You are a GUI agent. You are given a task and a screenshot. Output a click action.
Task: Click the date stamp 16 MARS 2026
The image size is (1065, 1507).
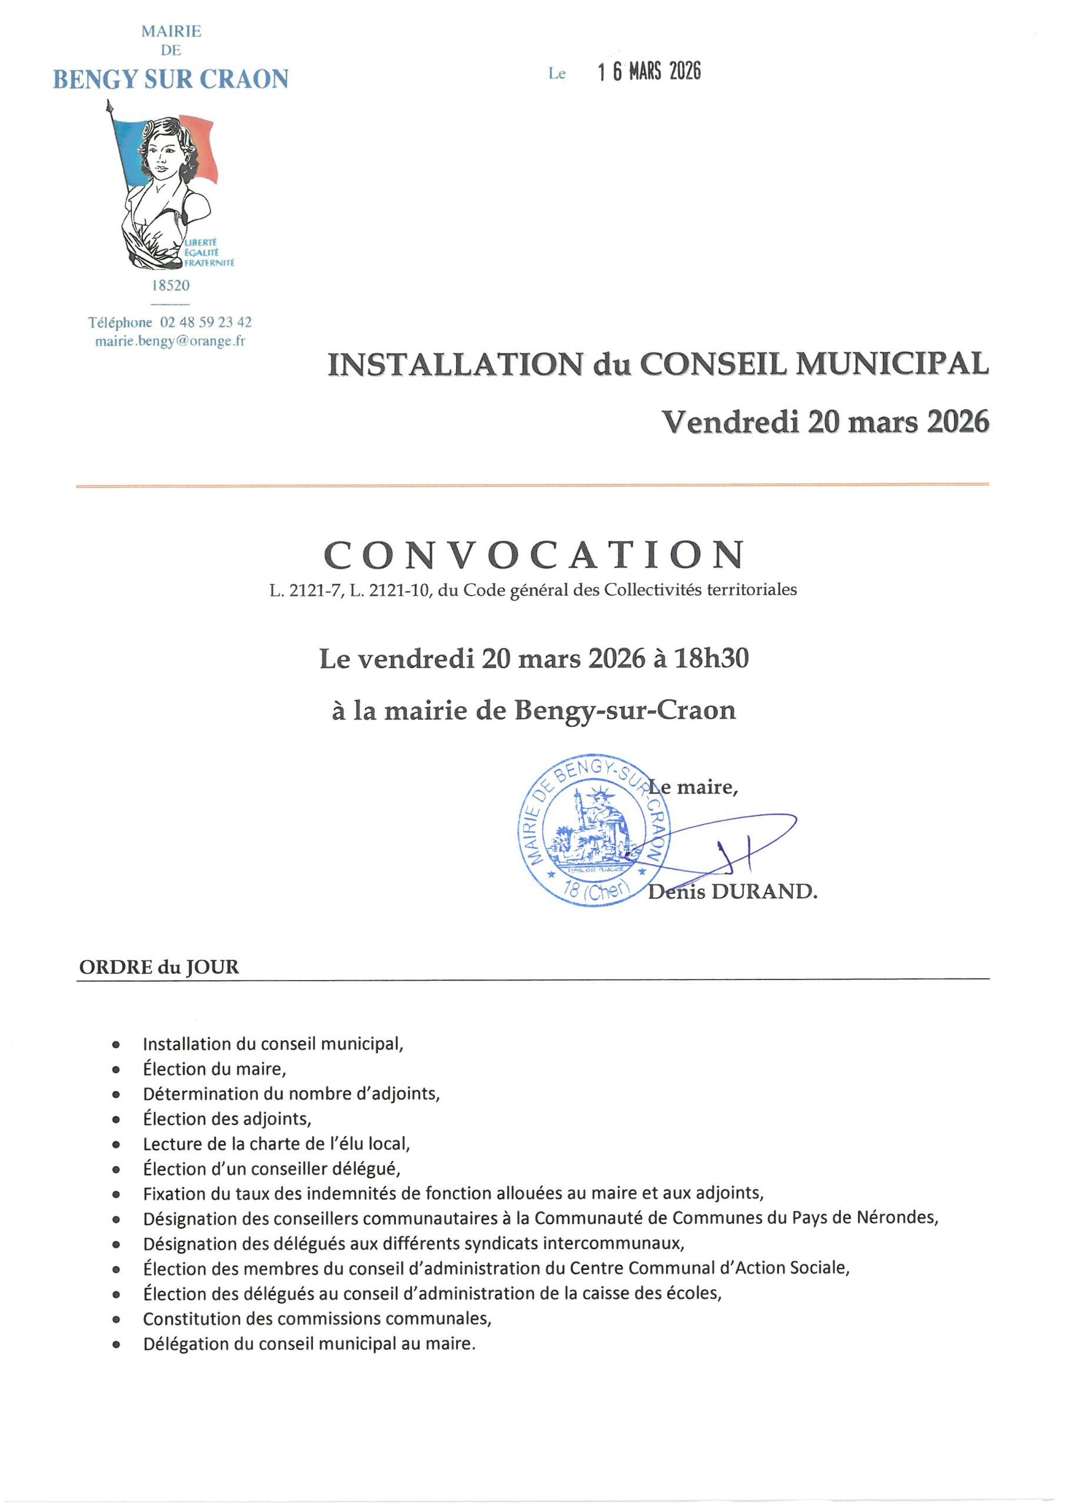pos(649,72)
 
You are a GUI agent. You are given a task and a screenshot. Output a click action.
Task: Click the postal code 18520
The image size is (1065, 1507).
pos(171,286)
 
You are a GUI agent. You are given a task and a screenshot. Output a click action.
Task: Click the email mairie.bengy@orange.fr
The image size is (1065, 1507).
pos(170,341)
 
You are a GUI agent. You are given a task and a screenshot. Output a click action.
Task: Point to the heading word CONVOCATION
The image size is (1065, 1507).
pos(534,555)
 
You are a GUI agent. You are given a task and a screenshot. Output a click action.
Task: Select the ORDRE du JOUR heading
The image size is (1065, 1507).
pos(159,967)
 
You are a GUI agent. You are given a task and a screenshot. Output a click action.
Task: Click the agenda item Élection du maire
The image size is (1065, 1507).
pos(215,1069)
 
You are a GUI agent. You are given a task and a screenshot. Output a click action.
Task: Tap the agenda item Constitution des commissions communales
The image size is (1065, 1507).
pos(317,1319)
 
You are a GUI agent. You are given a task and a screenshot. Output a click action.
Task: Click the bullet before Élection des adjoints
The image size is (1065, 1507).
pos(116,1120)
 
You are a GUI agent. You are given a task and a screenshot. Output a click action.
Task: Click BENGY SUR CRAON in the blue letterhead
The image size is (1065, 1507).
pos(171,79)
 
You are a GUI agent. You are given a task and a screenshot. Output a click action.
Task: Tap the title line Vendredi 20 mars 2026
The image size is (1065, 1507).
pos(825,422)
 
